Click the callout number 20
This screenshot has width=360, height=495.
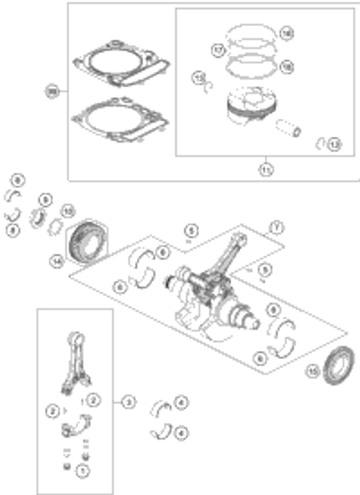[53, 92]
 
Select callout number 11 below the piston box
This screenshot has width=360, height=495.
[266, 169]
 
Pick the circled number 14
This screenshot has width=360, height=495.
[56, 261]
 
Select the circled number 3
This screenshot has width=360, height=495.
[129, 401]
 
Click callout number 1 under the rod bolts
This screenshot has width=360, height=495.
[81, 471]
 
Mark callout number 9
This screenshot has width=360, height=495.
[46, 198]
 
